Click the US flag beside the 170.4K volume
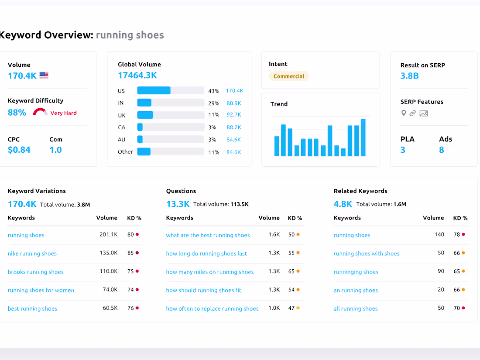pyautogui.click(x=44, y=75)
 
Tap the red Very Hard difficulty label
pyautogui.click(x=63, y=113)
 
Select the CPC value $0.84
pyautogui.click(x=19, y=150)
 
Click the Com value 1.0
pyautogui.click(x=55, y=150)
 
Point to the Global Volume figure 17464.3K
pyautogui.click(x=137, y=75)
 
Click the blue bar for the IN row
pyautogui.click(x=144, y=103)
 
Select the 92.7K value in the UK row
pyautogui.click(x=234, y=115)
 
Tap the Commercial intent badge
pyautogui.click(x=289, y=76)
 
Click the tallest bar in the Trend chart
pyautogui.click(x=363, y=137)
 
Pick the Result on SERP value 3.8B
pyautogui.click(x=409, y=76)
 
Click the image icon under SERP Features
pyautogui.click(x=423, y=113)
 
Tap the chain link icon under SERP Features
pyautogui.click(x=412, y=113)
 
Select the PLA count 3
pyautogui.click(x=403, y=150)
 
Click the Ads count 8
pyautogui.click(x=442, y=150)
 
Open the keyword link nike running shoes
pyautogui.click(x=32, y=254)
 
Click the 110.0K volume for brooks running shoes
pyautogui.click(x=109, y=271)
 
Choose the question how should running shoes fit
pyautogui.click(x=203, y=290)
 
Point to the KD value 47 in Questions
pyautogui.click(x=291, y=308)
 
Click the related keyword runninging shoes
pyautogui.click(x=356, y=272)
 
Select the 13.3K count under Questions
pyautogui.click(x=178, y=204)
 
